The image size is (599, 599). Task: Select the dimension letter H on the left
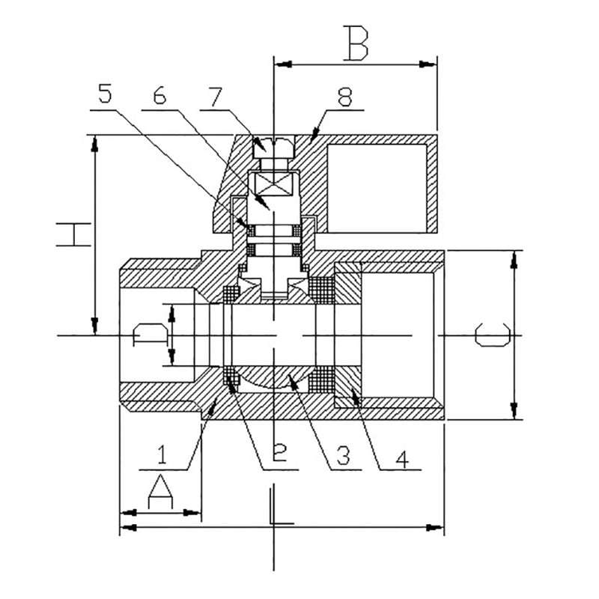point(75,234)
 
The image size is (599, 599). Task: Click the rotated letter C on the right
point(494,335)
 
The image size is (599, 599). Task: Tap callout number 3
point(344,454)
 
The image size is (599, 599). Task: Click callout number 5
point(104,95)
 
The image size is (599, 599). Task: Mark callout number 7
point(216,95)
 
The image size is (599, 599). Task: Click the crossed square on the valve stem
point(274,183)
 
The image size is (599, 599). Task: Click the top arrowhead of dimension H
point(95,143)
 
